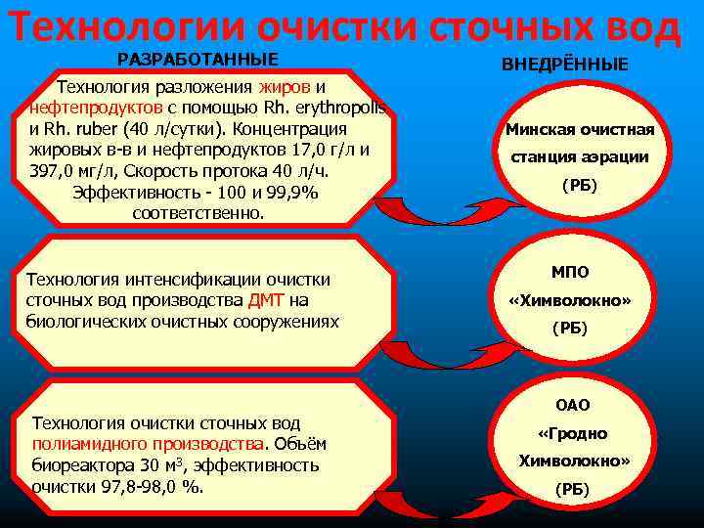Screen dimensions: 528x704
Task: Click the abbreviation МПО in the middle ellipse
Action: click(x=570, y=272)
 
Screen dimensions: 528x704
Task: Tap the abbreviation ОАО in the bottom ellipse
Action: click(x=574, y=404)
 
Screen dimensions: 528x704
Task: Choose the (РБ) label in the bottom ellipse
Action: click(x=572, y=489)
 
